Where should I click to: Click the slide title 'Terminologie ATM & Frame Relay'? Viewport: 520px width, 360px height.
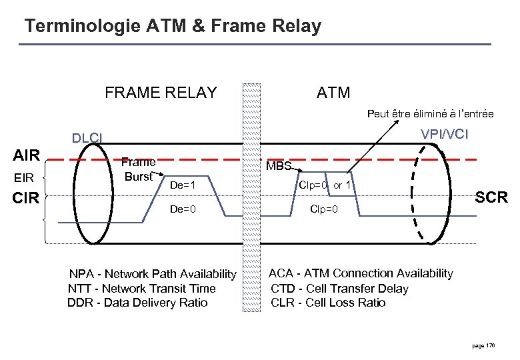pos(172,27)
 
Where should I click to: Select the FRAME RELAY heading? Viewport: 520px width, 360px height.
pos(161,93)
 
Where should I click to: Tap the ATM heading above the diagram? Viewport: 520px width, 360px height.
pos(333,93)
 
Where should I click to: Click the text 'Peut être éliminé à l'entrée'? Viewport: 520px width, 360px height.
pos(431,114)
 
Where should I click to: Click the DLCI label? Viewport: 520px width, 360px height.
pos(87,139)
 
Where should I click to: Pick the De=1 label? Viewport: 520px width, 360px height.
pos(182,185)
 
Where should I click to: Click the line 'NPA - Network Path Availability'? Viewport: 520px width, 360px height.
pos(153,275)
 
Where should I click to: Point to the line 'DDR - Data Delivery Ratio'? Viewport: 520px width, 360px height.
pos(137,303)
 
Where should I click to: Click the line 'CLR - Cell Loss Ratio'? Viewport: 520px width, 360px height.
pos(327,303)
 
